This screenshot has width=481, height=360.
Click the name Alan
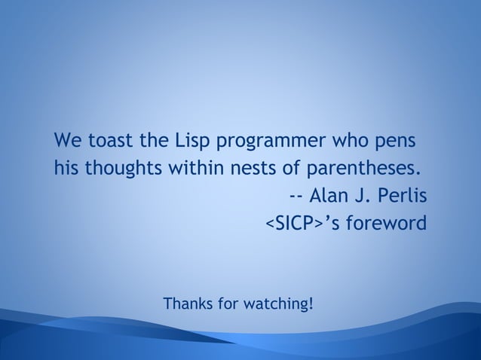tap(326, 197)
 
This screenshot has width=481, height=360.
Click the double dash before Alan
tap(296, 197)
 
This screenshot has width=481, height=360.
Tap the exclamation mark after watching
tap(311, 304)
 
